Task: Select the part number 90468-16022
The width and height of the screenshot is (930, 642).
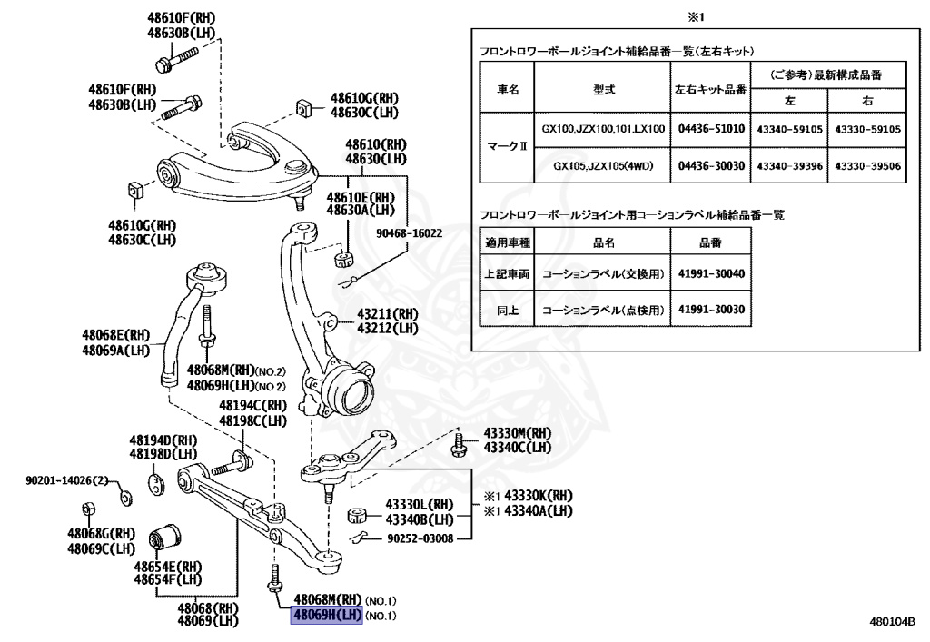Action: [411, 233]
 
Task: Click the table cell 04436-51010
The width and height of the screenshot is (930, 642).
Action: [711, 129]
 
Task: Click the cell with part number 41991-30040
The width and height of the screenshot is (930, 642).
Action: [711, 272]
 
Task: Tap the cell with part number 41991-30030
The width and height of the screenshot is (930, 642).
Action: [711, 310]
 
